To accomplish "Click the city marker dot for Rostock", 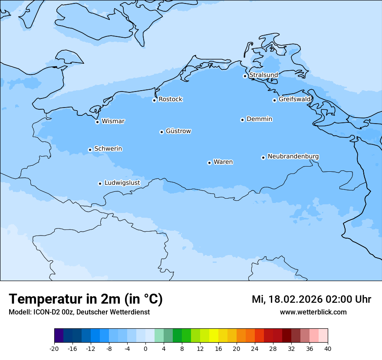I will point(154,100).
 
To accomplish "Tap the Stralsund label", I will point(263,75).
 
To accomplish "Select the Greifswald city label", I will point(295,99).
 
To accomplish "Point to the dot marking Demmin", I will point(242,120).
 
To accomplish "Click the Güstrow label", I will point(178,131).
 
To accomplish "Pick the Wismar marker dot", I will point(97,122).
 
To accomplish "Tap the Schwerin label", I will point(108,149).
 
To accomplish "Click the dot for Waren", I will point(209,163).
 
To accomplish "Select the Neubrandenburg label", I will point(293,156).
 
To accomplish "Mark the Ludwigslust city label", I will point(122,183).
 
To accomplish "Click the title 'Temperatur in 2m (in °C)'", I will point(86,299).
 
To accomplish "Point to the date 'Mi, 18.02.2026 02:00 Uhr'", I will point(311,299).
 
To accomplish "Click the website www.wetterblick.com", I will point(313,312).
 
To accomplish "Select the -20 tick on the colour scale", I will point(54,348).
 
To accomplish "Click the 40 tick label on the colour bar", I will point(327,348).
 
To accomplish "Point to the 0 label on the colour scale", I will point(145,348).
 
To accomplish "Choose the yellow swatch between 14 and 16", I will point(214,336).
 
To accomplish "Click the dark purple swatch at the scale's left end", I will point(59,336).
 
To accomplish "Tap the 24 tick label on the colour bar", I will point(255,348).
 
